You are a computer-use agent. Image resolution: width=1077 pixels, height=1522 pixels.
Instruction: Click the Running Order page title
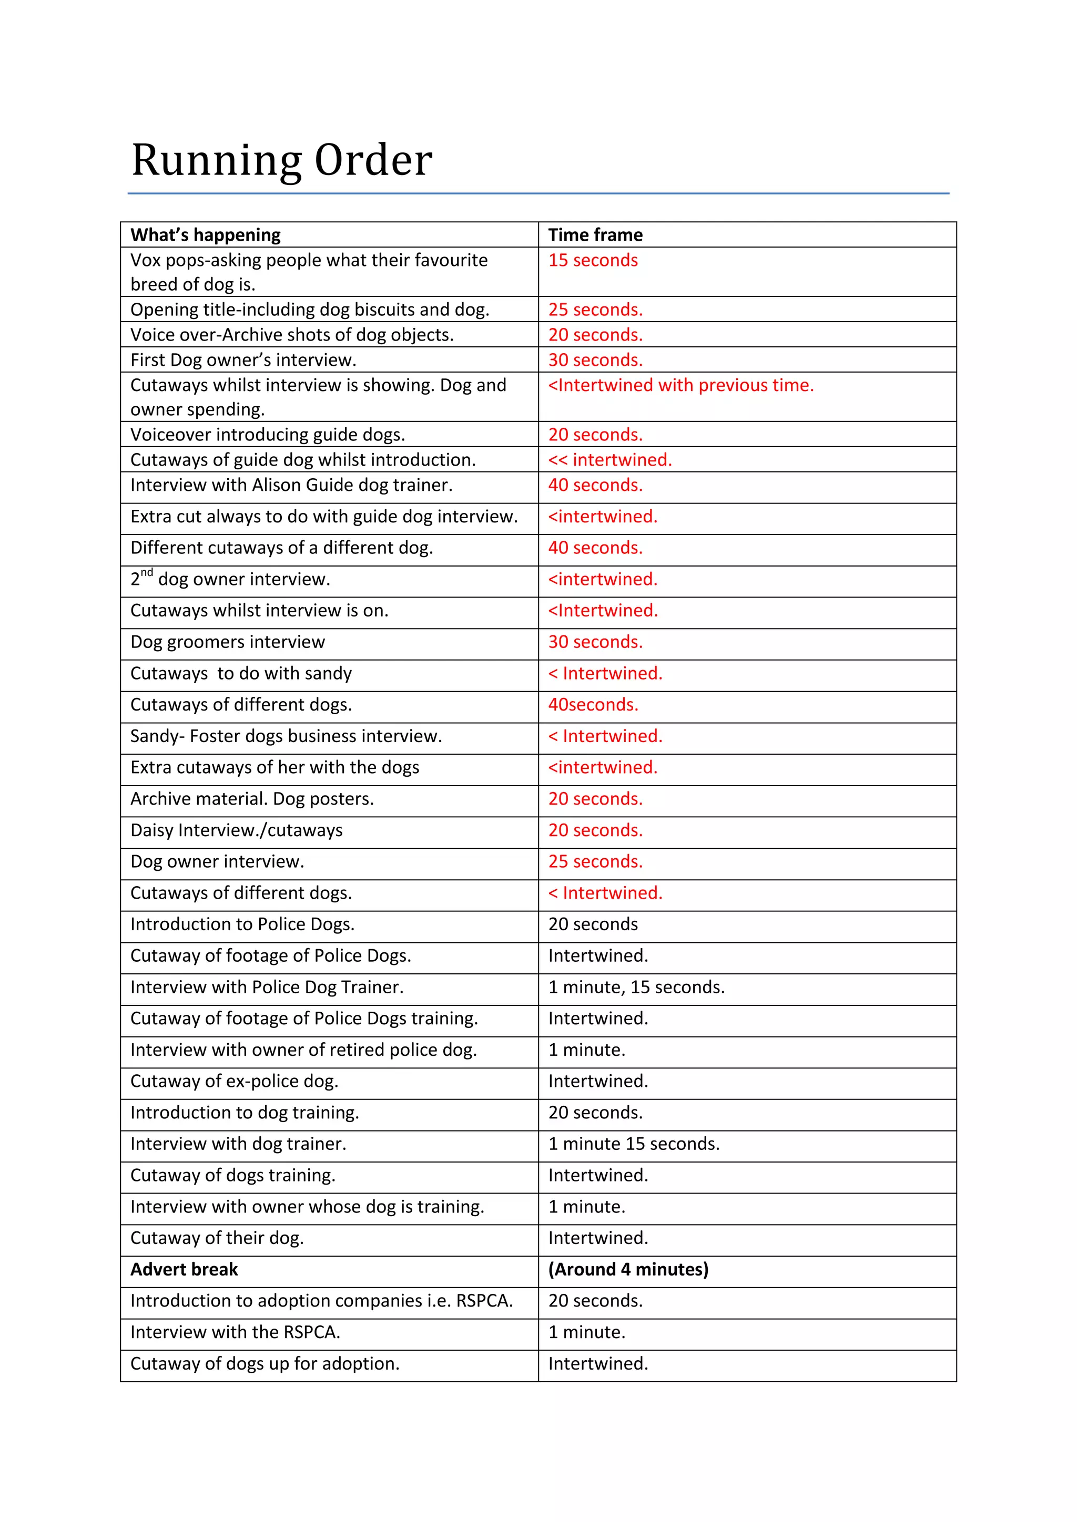pyautogui.click(x=282, y=160)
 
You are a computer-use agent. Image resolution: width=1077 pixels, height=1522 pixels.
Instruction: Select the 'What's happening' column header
pyautogui.click(x=206, y=235)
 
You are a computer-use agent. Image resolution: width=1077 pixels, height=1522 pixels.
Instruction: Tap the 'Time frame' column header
pyautogui.click(x=595, y=235)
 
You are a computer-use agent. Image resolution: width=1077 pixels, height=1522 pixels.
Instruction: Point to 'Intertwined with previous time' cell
pyautogui.click(x=680, y=385)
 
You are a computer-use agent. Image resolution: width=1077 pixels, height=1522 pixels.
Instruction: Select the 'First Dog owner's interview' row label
pyautogui.click(x=243, y=360)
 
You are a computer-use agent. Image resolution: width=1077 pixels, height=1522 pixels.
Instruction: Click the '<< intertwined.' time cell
pyautogui.click(x=609, y=459)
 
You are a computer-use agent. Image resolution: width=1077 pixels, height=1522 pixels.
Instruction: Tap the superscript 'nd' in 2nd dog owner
pyautogui.click(x=147, y=573)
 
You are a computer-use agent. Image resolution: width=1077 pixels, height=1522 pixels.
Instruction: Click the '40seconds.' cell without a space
pyautogui.click(x=593, y=705)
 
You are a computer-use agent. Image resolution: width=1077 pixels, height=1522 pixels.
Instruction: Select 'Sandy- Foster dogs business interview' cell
pyautogui.click(x=286, y=736)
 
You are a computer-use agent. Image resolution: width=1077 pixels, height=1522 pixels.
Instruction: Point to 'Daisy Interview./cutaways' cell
pyautogui.click(x=236, y=830)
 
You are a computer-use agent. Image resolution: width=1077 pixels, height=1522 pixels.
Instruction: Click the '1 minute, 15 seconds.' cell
pyautogui.click(x=636, y=987)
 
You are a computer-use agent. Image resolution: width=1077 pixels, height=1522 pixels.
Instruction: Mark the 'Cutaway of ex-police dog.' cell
pyautogui.click(x=234, y=1081)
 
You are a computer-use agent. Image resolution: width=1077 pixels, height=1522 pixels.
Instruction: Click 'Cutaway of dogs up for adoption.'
pyautogui.click(x=265, y=1364)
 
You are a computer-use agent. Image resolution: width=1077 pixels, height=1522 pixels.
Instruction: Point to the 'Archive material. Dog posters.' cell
pyautogui.click(x=252, y=799)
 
